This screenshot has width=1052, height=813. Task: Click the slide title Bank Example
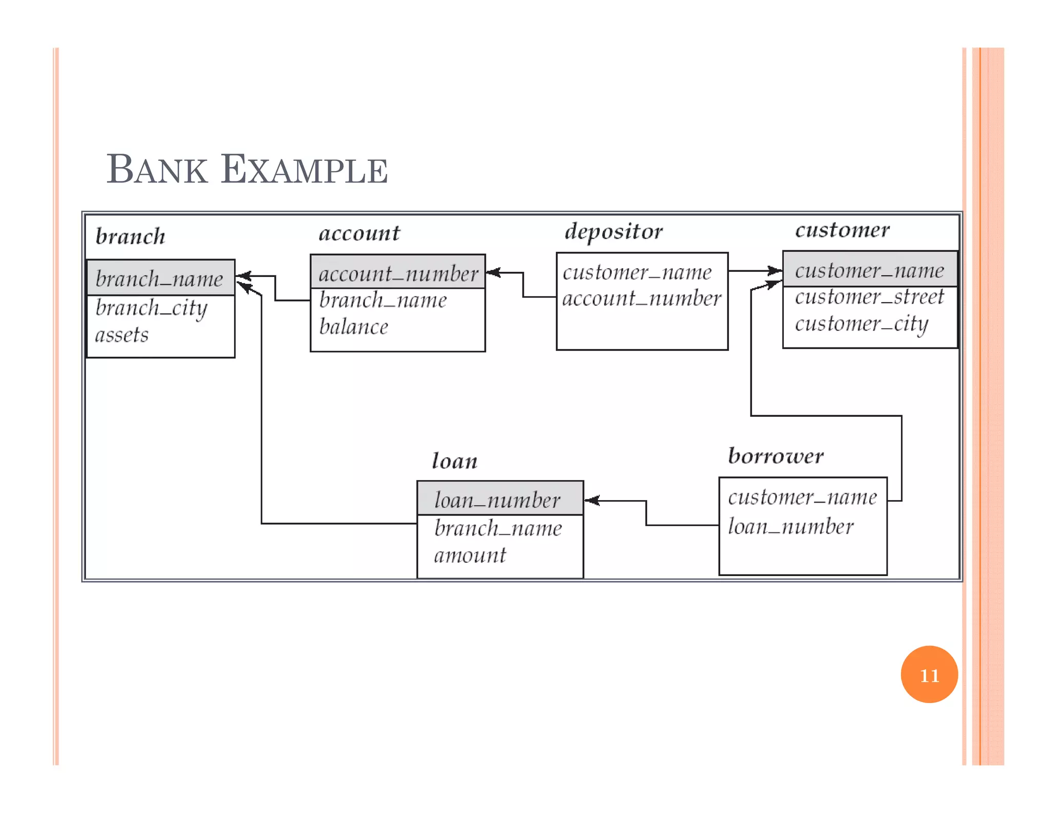(x=247, y=169)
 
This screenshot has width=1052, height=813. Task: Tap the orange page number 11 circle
(x=929, y=674)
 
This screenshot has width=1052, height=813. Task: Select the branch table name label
(x=130, y=236)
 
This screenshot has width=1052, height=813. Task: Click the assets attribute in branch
(x=122, y=335)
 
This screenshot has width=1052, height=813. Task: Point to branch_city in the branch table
(x=152, y=308)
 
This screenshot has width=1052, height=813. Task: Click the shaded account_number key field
(x=398, y=273)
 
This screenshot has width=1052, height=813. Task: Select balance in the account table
(x=353, y=327)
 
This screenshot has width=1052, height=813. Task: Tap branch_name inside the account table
(x=383, y=300)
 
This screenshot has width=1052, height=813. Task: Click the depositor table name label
(x=613, y=231)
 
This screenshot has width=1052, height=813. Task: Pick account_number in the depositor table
(x=642, y=298)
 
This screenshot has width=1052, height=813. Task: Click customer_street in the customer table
(x=869, y=297)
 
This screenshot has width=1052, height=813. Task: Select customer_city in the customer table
(x=861, y=324)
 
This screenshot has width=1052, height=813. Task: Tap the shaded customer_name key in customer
(x=869, y=270)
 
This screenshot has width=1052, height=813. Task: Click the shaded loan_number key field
(x=497, y=500)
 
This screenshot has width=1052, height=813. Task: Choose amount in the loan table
(x=469, y=555)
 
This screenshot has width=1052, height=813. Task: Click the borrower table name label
(x=776, y=456)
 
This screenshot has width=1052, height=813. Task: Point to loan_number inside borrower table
(x=791, y=526)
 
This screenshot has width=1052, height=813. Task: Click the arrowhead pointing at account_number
(x=493, y=272)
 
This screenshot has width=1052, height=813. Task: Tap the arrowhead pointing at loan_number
(x=591, y=500)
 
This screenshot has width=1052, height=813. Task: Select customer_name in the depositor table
(x=637, y=272)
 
